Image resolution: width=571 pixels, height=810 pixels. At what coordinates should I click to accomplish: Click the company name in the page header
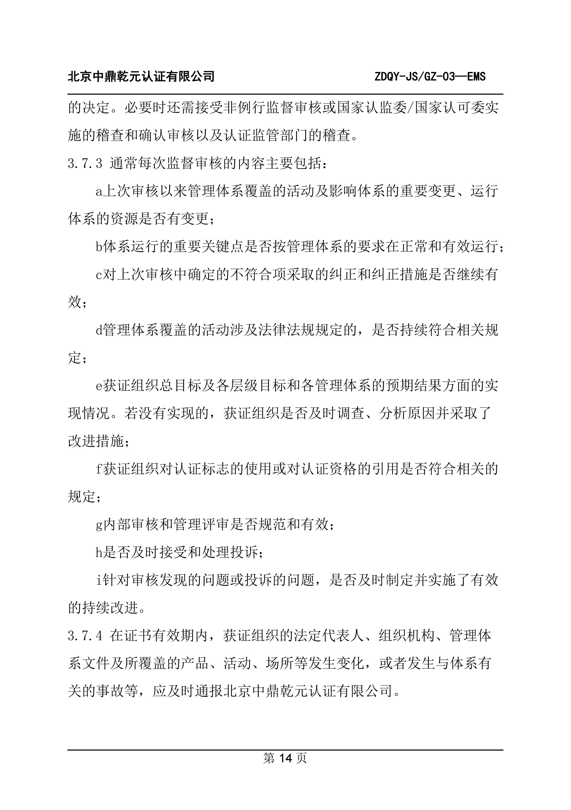pos(141,77)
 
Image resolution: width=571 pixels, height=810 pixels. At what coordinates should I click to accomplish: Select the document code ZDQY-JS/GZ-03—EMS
pos(430,77)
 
